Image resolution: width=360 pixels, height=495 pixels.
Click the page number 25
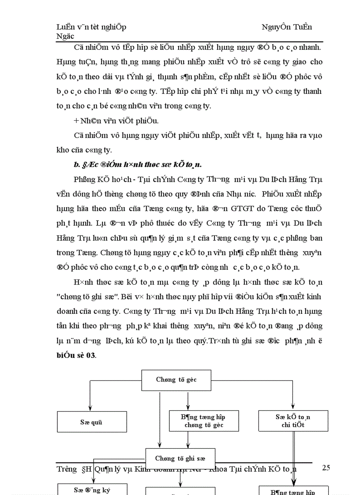click(326, 468)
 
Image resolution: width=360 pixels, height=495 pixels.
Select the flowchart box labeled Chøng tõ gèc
click(176, 380)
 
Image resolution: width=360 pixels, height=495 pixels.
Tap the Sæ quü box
click(92, 422)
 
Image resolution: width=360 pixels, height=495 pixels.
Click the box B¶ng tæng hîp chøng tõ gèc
click(204, 421)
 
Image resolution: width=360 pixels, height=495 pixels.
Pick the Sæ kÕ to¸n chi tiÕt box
click(293, 421)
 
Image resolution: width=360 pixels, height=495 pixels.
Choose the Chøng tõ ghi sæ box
click(180, 458)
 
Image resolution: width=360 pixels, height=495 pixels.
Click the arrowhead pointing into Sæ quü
click(90, 408)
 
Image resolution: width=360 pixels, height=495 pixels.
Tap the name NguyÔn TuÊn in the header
click(286, 27)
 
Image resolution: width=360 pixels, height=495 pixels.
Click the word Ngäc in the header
click(65, 36)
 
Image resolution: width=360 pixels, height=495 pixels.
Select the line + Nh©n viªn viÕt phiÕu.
click(111, 120)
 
